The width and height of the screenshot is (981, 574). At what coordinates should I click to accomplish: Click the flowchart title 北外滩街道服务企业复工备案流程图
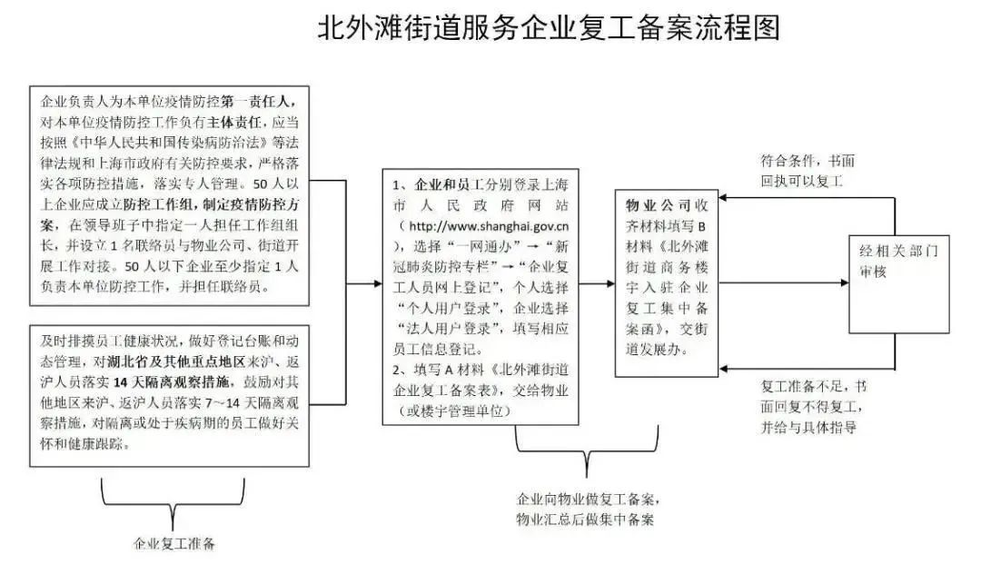(549, 28)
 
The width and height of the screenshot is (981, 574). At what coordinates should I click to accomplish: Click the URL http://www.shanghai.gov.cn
(489, 226)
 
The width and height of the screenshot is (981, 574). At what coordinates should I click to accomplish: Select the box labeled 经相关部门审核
(898, 284)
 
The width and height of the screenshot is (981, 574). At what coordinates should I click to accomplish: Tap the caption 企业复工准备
(173, 543)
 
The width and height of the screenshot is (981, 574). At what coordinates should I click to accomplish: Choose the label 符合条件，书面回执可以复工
(808, 171)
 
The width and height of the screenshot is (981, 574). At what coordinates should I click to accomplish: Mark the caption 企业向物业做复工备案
(587, 499)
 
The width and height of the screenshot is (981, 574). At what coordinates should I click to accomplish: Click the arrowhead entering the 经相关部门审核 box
(844, 283)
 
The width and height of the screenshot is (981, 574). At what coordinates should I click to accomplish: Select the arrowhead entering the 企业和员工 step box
(378, 284)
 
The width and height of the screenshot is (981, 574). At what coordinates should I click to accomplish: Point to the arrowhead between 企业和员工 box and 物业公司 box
(610, 284)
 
